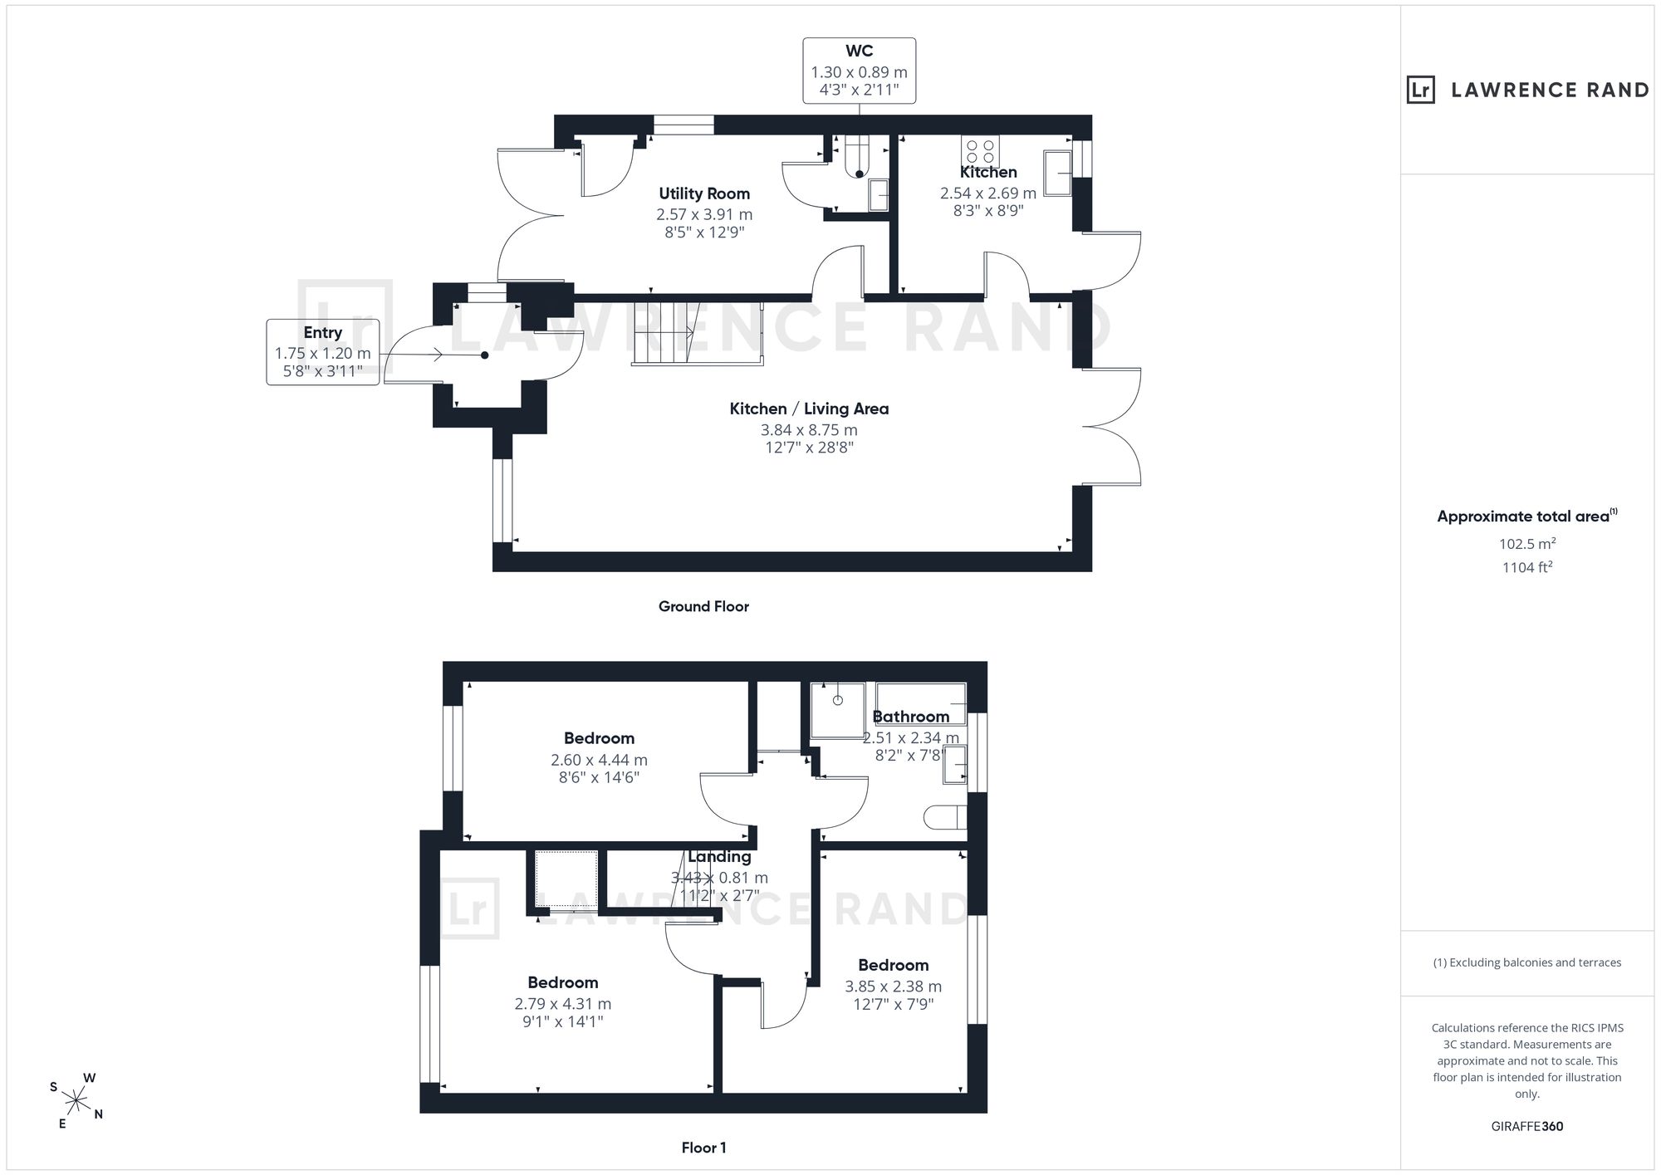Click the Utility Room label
point(704,193)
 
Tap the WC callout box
point(860,71)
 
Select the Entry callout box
point(323,351)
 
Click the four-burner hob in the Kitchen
point(980,151)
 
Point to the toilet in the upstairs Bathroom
point(945,817)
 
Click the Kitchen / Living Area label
point(809,409)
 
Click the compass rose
point(76,1101)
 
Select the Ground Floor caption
point(703,606)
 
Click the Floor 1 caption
point(703,1148)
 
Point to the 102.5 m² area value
point(1527,544)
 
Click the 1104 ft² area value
point(1527,568)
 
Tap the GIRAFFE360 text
point(1527,1127)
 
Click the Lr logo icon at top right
point(1421,90)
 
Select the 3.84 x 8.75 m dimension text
point(809,430)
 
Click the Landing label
point(719,857)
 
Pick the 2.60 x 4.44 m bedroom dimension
point(599,760)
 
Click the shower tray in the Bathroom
point(838,710)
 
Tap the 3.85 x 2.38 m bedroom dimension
point(894,987)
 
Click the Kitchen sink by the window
point(1057,173)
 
